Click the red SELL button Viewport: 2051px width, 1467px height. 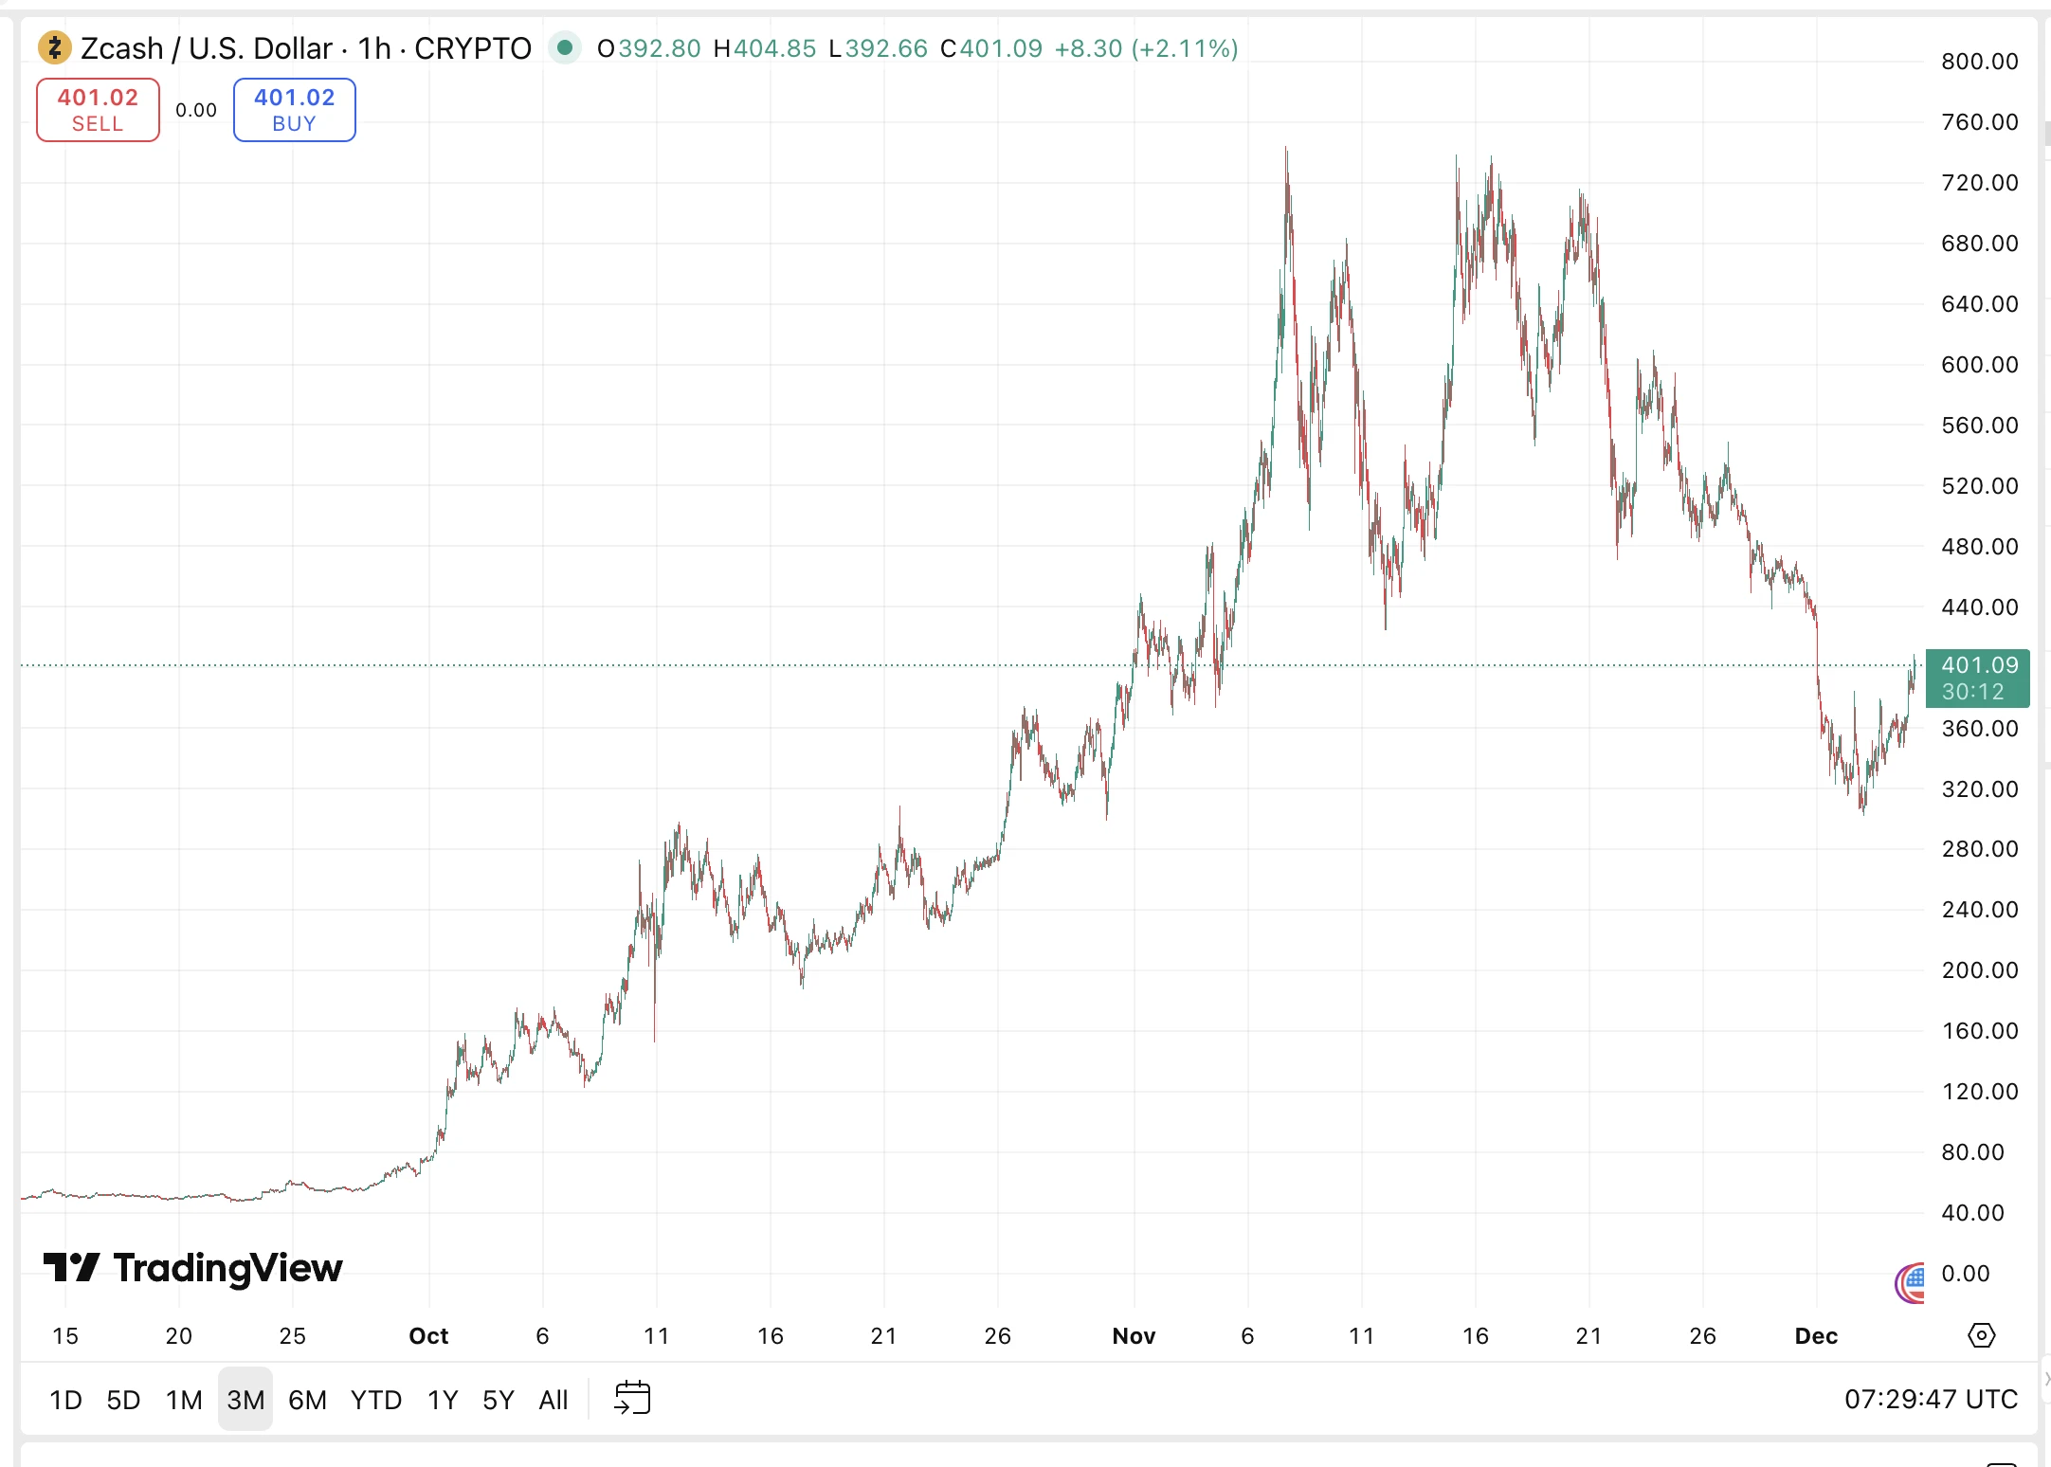pyautogui.click(x=98, y=110)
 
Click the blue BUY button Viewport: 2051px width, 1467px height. pyautogui.click(x=294, y=110)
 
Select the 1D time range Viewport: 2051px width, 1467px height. pyautogui.click(x=65, y=1400)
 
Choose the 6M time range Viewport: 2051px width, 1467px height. pyautogui.click(x=307, y=1400)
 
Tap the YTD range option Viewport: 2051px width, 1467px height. pyautogui.click(x=375, y=1400)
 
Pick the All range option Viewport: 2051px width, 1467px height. pyautogui.click(x=553, y=1400)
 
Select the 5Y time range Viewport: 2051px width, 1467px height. pyautogui.click(x=498, y=1400)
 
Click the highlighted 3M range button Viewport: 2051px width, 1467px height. pyautogui.click(x=245, y=1400)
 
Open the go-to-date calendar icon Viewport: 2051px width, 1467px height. pyautogui.click(x=632, y=1398)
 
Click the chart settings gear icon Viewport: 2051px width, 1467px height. pyautogui.click(x=1981, y=1335)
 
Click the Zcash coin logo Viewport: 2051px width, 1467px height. pyautogui.click(x=54, y=47)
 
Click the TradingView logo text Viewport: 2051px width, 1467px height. pyautogui.click(x=227, y=1267)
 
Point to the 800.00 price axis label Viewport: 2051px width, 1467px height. pyautogui.click(x=1979, y=62)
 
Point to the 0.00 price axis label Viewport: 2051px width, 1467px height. pyautogui.click(x=1965, y=1274)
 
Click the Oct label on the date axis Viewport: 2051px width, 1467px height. pyautogui.click(x=428, y=1336)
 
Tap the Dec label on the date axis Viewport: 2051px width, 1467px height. pyautogui.click(x=1816, y=1336)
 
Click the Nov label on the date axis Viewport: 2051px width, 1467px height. pyautogui.click(x=1134, y=1336)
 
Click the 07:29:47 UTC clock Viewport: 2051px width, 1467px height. pyautogui.click(x=1931, y=1400)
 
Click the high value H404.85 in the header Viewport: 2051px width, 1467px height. pyautogui.click(x=765, y=48)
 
